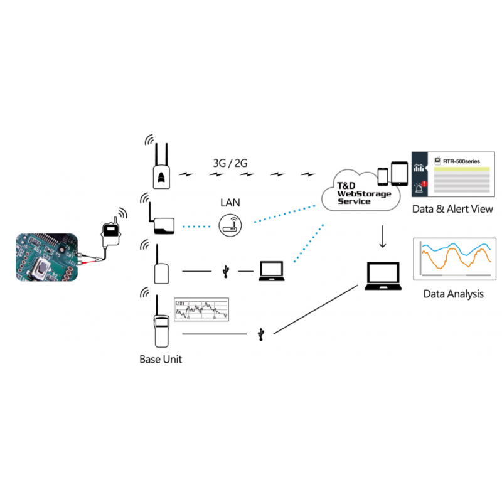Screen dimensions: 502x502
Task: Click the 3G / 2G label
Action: pos(230,163)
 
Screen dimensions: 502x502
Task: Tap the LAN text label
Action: pos(230,203)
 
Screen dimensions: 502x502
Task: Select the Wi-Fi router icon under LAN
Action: pos(230,225)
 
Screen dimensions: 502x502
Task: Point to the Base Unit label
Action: pos(161,360)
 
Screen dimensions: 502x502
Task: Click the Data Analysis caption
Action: pos(453,294)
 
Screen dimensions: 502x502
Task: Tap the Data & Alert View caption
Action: pos(452,209)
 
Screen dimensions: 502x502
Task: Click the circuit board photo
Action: pos(46,257)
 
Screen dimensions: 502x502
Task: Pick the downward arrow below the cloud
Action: pos(383,237)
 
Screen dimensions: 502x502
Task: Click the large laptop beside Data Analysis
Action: pos(382,277)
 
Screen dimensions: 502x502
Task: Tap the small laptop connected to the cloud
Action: pos(272,270)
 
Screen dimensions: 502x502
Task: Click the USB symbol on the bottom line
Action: pos(261,334)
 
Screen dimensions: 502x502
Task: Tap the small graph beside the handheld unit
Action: pos(201,309)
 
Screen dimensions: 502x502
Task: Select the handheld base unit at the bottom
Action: pos(161,328)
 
